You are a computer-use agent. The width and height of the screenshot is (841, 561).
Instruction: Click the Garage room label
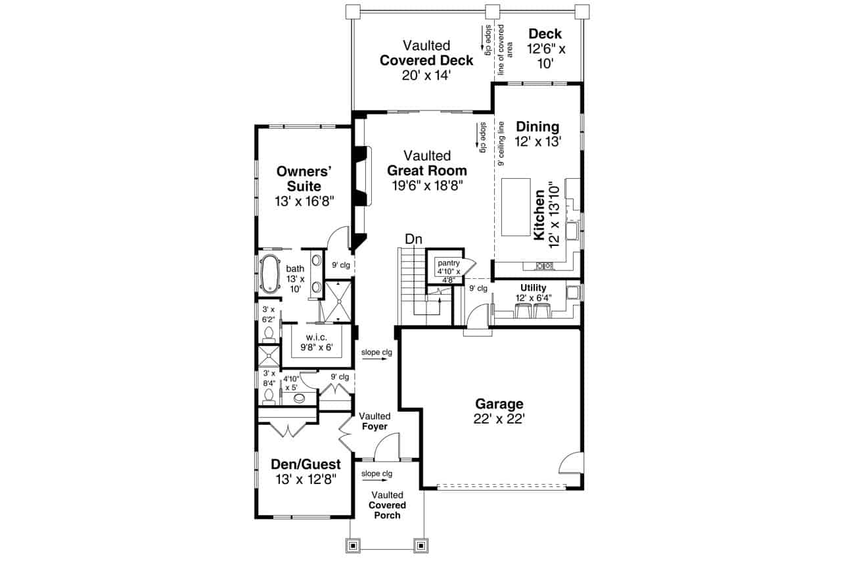click(x=499, y=404)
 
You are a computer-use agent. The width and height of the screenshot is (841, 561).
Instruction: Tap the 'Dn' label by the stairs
click(x=413, y=239)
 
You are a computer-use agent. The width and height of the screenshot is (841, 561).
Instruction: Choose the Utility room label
click(x=533, y=288)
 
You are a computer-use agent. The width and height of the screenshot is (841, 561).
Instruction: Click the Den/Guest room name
click(x=306, y=464)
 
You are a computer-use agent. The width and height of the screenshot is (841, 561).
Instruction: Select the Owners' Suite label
click(x=304, y=178)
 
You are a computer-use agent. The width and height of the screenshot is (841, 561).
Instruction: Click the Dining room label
click(x=537, y=127)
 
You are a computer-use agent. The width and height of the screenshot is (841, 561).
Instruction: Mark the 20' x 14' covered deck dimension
click(x=426, y=75)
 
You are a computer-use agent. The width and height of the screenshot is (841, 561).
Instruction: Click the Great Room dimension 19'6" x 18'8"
click(x=427, y=185)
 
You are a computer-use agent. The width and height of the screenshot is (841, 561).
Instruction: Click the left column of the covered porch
click(x=353, y=545)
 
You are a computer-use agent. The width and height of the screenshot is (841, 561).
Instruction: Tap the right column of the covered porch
click(x=420, y=545)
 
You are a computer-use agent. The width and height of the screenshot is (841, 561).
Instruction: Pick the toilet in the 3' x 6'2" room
click(x=267, y=335)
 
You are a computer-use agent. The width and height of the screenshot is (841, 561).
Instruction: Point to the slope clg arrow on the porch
click(x=376, y=480)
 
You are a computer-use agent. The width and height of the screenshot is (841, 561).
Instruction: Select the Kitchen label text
click(x=539, y=215)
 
